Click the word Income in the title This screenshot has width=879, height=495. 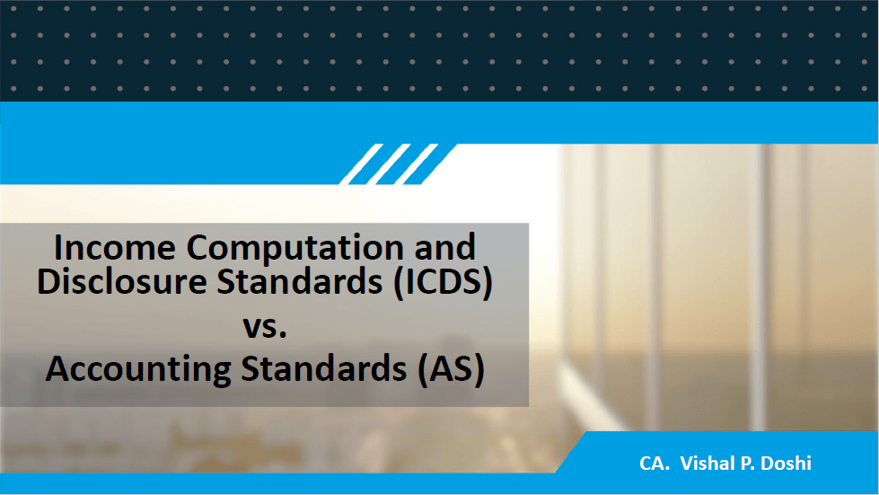115,247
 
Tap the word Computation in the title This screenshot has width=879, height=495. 294,248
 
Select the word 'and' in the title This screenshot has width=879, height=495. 444,247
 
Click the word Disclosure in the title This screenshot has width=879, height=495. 121,281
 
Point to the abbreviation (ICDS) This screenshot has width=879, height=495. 443,282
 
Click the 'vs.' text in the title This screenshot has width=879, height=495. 265,326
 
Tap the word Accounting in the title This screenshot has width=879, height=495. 138,370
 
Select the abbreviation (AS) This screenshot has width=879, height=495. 451,370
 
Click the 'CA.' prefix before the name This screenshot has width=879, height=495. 655,464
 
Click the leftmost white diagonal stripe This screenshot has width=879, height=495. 362,164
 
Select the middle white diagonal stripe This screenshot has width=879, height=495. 389,164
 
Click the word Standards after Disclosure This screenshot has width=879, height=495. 300,281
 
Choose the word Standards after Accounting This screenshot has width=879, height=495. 324,369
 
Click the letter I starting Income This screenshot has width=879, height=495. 57,248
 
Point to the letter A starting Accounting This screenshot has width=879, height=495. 57,369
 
